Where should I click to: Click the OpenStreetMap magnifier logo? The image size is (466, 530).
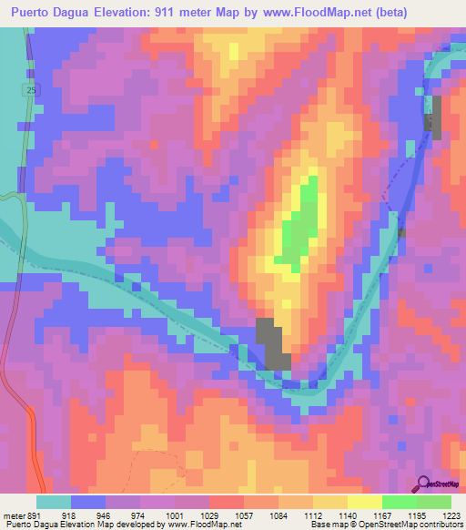coord(424,484)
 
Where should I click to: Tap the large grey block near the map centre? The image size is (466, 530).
coord(272,343)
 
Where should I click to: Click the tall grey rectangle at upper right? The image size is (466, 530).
coord(435,117)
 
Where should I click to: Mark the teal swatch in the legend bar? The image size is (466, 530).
coord(54,502)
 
